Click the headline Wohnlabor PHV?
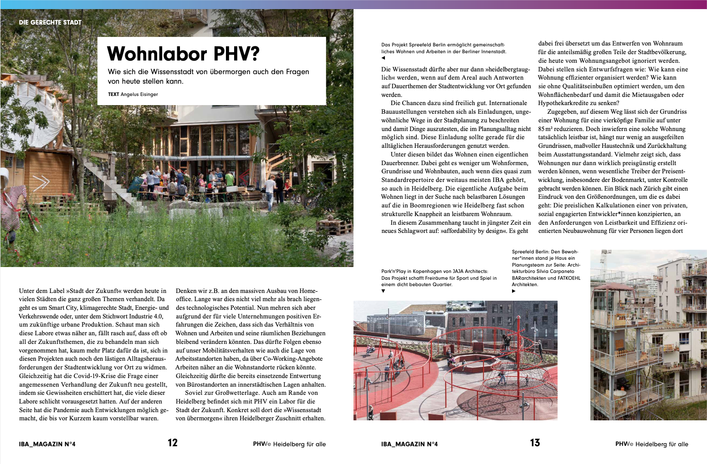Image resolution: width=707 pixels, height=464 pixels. (x=183, y=54)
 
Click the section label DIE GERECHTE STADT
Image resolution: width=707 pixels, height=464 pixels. (x=50, y=22)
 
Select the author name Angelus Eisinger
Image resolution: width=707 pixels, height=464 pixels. (x=139, y=95)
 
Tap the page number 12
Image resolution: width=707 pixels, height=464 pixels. (x=173, y=443)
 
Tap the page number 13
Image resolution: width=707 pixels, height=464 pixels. (x=535, y=443)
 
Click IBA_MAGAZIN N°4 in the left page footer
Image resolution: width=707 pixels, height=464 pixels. (x=47, y=444)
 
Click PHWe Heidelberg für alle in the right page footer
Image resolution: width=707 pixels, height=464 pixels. (x=651, y=444)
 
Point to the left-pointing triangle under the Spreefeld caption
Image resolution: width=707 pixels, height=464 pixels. (x=383, y=58)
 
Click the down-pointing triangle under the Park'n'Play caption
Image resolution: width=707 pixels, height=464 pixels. (x=383, y=291)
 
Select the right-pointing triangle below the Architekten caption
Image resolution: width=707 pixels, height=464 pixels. (x=514, y=291)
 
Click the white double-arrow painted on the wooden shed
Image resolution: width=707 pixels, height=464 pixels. (x=41, y=182)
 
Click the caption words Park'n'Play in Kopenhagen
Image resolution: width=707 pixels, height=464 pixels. (x=412, y=272)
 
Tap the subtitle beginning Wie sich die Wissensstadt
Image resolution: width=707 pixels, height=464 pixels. (x=208, y=76)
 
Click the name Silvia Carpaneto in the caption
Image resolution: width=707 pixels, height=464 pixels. (x=554, y=272)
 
